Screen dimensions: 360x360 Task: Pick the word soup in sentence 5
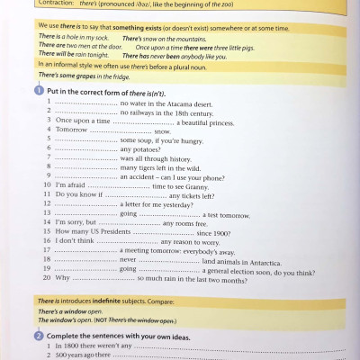click(x=138, y=139)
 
